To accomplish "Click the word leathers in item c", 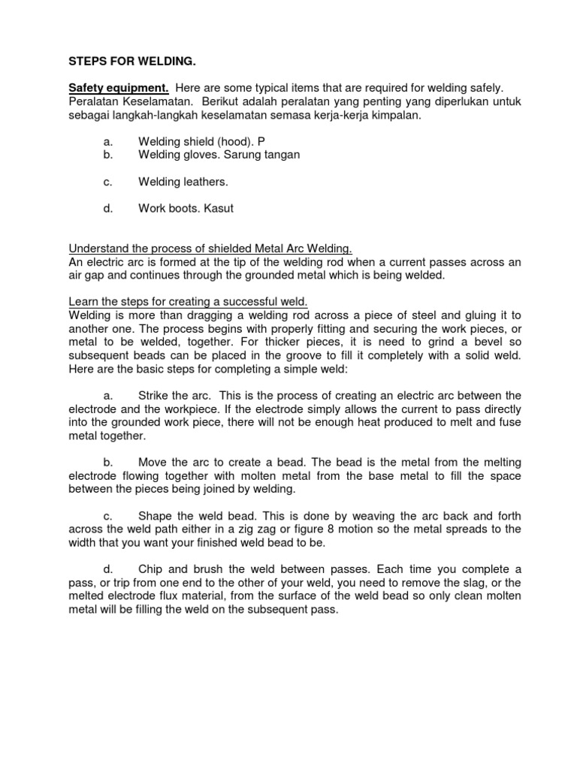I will [x=202, y=182].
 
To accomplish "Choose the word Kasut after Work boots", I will [x=218, y=208].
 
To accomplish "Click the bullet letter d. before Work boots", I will [x=107, y=208].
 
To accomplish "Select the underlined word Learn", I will [x=83, y=302].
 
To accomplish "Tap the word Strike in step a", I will [x=155, y=395].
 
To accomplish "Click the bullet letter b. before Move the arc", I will [x=107, y=462].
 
